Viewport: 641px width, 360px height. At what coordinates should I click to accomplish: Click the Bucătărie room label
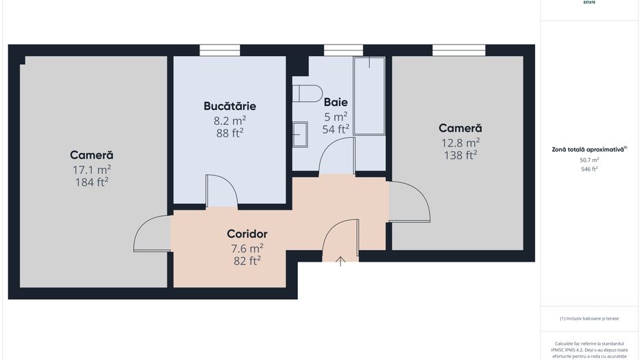[230, 106]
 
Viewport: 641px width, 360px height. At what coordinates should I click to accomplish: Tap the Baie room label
[336, 102]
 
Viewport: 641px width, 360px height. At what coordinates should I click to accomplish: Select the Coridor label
[247, 234]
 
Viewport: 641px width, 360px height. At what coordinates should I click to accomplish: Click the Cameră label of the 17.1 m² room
[92, 155]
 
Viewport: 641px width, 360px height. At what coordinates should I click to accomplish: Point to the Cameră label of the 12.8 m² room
[460, 128]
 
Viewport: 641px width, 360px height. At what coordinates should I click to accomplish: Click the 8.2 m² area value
[230, 120]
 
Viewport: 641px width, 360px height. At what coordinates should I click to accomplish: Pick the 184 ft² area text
[92, 182]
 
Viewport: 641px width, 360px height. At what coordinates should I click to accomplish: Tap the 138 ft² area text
[460, 155]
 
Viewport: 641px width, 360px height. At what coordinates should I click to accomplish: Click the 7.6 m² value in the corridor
[247, 248]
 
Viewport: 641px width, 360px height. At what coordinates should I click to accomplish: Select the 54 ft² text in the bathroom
[336, 128]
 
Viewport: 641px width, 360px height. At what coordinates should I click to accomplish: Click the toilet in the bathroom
[308, 93]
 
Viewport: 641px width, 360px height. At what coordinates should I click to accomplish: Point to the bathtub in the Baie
[369, 96]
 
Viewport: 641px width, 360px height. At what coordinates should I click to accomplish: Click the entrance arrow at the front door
[340, 260]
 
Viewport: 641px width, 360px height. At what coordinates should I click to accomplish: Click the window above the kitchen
[219, 50]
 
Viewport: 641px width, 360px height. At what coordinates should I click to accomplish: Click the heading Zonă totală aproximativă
[589, 149]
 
